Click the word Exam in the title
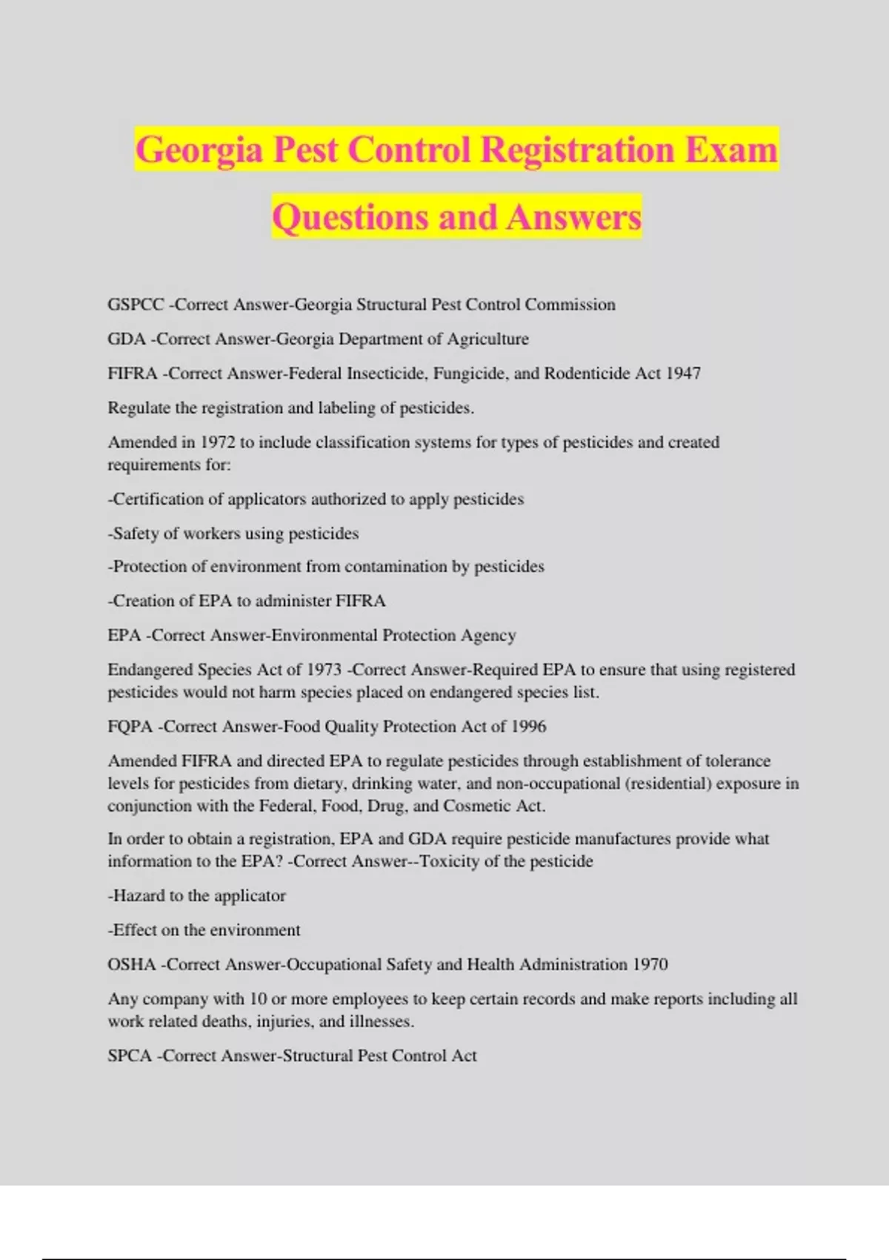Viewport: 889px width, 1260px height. [731, 150]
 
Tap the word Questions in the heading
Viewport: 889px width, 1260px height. [347, 217]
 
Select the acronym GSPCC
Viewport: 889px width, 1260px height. [136, 305]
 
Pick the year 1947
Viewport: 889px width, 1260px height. [682, 374]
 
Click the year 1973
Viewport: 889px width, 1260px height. [324, 670]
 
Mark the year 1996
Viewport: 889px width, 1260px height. [528, 727]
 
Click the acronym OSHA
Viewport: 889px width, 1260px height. [132, 965]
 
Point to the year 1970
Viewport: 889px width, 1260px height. [650, 965]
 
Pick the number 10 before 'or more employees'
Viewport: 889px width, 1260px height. [258, 999]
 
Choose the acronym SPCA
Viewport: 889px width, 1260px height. [130, 1056]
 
